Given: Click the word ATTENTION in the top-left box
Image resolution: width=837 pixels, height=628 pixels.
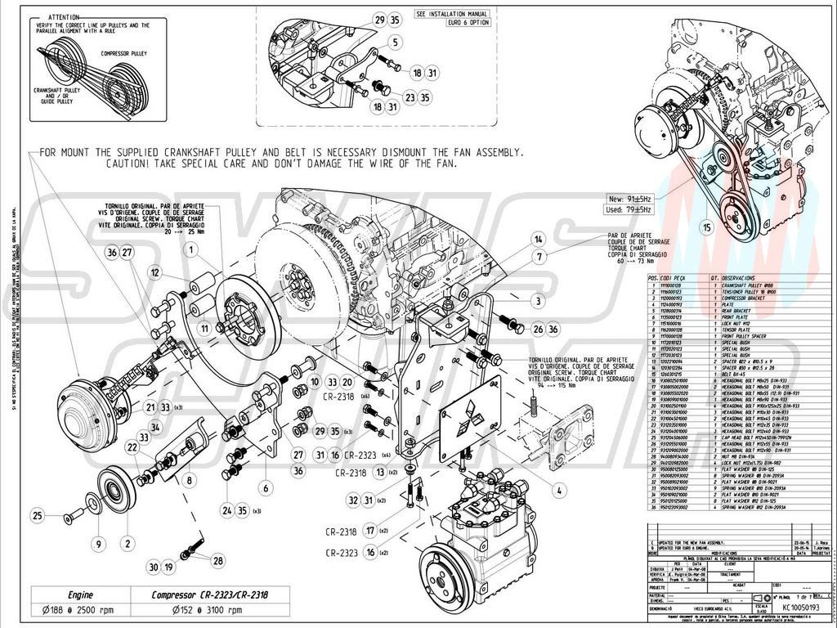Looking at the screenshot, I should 63,16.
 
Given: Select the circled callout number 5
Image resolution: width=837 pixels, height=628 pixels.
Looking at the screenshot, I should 395,41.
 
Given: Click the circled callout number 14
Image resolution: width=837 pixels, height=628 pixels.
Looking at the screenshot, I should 538,240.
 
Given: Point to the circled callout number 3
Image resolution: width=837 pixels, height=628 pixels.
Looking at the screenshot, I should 539,301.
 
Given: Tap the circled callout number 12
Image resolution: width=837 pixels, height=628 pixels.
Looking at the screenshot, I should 154,271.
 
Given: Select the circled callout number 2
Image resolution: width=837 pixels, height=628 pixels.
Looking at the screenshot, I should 127,541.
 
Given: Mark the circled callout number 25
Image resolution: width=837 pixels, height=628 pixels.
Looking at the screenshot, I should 37,515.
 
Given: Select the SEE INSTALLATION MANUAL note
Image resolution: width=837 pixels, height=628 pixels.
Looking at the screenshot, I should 452,15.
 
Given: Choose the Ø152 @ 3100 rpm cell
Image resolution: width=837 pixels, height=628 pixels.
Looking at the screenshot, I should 209,610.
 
